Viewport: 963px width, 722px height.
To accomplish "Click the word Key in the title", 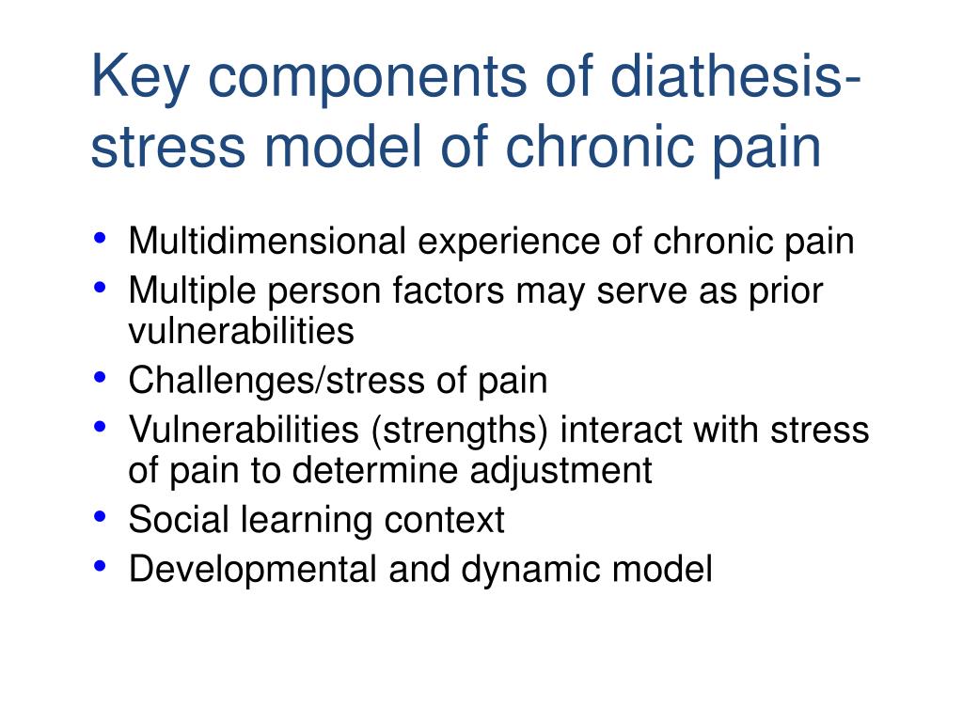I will (139, 77).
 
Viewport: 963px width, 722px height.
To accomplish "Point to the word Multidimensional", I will (267, 242).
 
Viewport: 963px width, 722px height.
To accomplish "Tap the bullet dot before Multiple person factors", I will (101, 286).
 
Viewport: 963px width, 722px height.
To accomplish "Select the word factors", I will (450, 291).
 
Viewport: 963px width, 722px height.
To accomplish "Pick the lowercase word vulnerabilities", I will (241, 330).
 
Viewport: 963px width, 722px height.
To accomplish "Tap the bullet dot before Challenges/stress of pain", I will (101, 377).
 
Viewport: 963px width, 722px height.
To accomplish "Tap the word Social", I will (173, 520).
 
